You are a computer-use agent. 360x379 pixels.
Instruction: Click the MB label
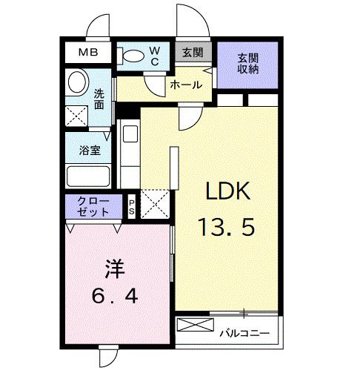point(88,53)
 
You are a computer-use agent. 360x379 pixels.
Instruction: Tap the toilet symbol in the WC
point(133,55)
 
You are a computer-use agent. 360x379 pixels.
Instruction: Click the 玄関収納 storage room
point(247,64)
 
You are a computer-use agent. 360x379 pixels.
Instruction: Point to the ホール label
point(185,85)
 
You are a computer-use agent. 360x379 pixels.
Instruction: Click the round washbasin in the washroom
point(76,82)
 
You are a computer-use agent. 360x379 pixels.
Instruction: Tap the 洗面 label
point(100,100)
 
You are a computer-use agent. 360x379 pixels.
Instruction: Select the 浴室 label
point(90,150)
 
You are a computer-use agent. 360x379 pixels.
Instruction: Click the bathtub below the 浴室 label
point(87,177)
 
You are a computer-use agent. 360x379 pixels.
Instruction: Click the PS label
point(133,205)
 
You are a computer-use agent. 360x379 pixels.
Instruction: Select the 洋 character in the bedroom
point(113,265)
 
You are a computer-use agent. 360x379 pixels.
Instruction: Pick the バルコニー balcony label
point(245,332)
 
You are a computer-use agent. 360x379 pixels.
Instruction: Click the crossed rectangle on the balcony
point(196,327)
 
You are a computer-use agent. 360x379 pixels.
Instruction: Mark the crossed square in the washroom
point(76,115)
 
